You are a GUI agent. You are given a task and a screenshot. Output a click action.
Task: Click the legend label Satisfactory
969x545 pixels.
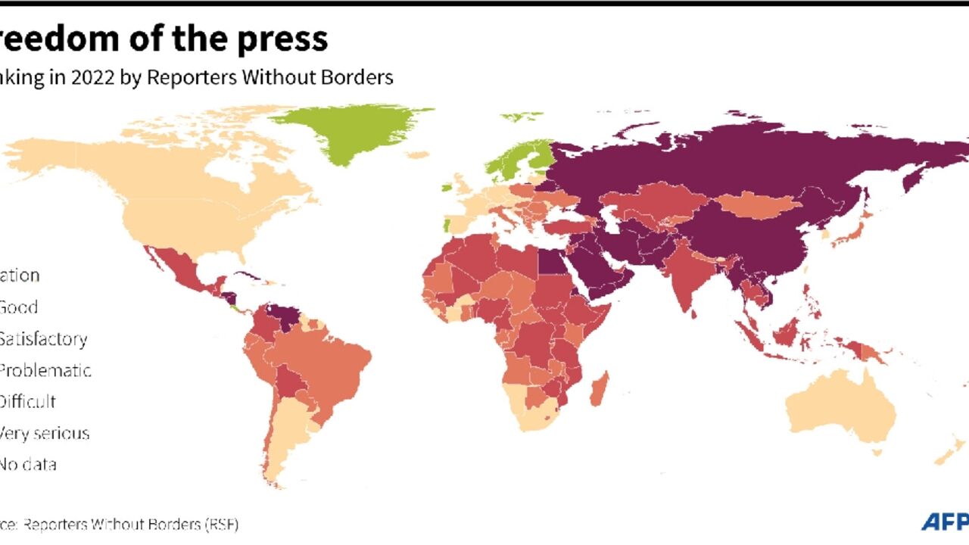click(43, 338)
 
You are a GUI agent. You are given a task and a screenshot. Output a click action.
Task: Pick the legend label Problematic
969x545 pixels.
click(45, 370)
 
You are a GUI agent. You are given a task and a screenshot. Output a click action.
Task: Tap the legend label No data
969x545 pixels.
click(28, 464)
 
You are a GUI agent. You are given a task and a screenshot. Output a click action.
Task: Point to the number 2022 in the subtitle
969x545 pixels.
click(94, 77)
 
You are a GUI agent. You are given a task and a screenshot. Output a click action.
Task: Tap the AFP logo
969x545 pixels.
click(945, 522)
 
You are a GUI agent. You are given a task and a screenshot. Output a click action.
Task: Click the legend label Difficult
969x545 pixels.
click(28, 401)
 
